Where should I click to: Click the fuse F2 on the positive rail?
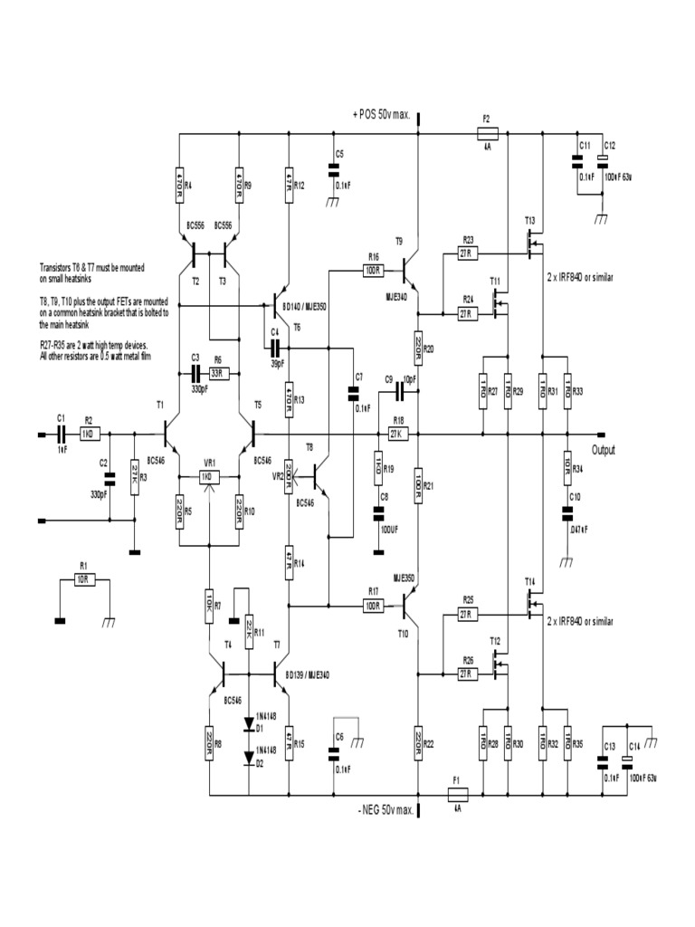pos(486,132)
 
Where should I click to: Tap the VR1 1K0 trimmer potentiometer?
pos(208,476)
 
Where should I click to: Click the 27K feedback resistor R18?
pos(398,435)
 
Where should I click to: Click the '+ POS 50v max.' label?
pos(382,114)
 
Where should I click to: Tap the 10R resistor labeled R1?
pos(84,579)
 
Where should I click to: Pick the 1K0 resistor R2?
pos(89,435)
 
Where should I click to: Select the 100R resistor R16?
pos(372,270)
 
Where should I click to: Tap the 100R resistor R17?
pos(372,604)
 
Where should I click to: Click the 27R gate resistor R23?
pos(468,254)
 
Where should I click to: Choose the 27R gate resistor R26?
pos(467,674)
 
